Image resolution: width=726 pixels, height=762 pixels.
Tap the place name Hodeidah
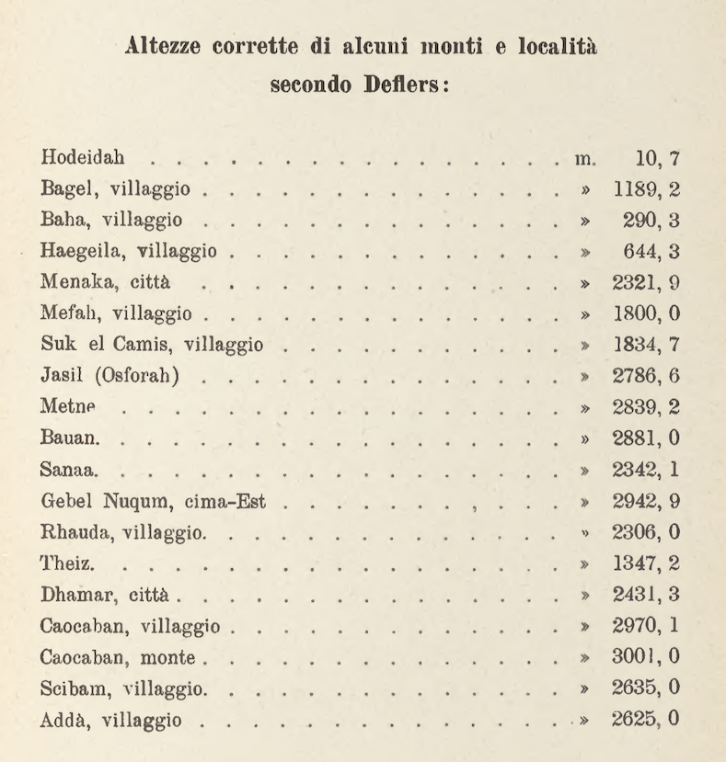coord(83,158)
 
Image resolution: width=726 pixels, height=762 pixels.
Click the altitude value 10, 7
coord(656,159)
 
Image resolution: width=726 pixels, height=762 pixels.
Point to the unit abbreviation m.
coord(585,159)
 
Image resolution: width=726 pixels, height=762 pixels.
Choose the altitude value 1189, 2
coord(646,190)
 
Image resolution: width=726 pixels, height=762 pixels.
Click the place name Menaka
coord(74,283)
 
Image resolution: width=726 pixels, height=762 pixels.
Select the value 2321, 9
coord(646,283)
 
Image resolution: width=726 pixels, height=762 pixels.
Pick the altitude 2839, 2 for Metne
coord(646,407)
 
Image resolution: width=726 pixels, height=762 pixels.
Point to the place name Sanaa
coord(67,471)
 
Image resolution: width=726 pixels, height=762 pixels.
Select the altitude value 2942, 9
coord(646,502)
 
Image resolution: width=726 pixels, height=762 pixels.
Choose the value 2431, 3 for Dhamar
coord(646,595)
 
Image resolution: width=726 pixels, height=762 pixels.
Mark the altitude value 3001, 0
coord(646,656)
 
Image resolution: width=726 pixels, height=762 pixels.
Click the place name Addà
coord(62,719)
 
